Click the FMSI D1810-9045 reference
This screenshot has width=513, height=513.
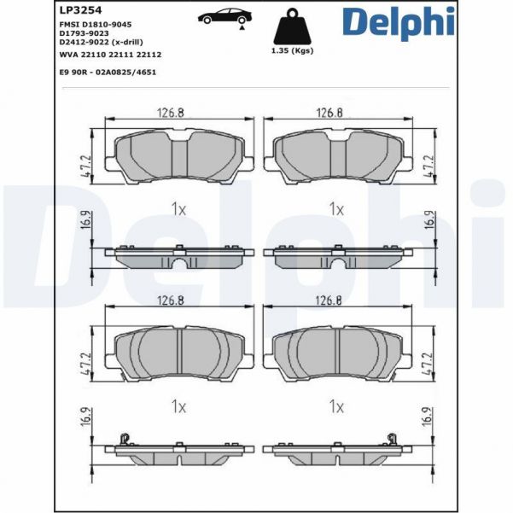pos(95,26)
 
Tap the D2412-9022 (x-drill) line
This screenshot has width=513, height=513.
pos(101,43)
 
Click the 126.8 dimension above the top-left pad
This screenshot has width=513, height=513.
pos(173,112)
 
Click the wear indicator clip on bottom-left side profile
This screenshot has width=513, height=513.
pos(125,440)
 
